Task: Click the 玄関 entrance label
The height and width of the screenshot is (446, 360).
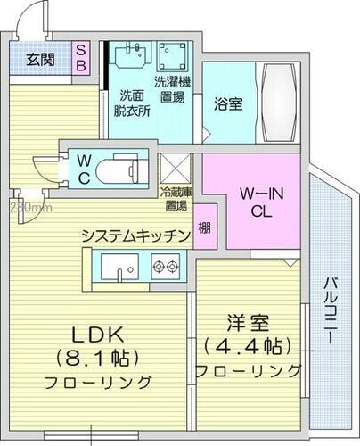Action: click(x=40, y=60)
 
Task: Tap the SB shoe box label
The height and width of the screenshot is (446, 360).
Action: click(x=80, y=60)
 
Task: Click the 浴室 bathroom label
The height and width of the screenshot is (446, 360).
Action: click(x=226, y=103)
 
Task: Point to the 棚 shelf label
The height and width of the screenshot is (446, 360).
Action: click(x=206, y=227)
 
